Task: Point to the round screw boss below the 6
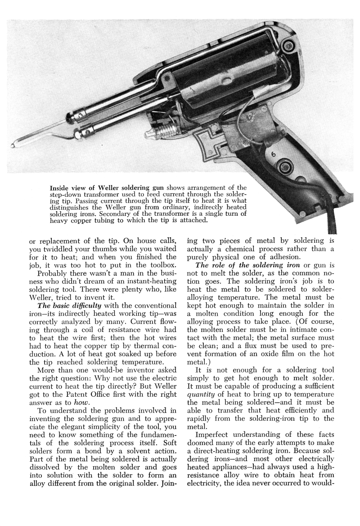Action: (x=285, y=168)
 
